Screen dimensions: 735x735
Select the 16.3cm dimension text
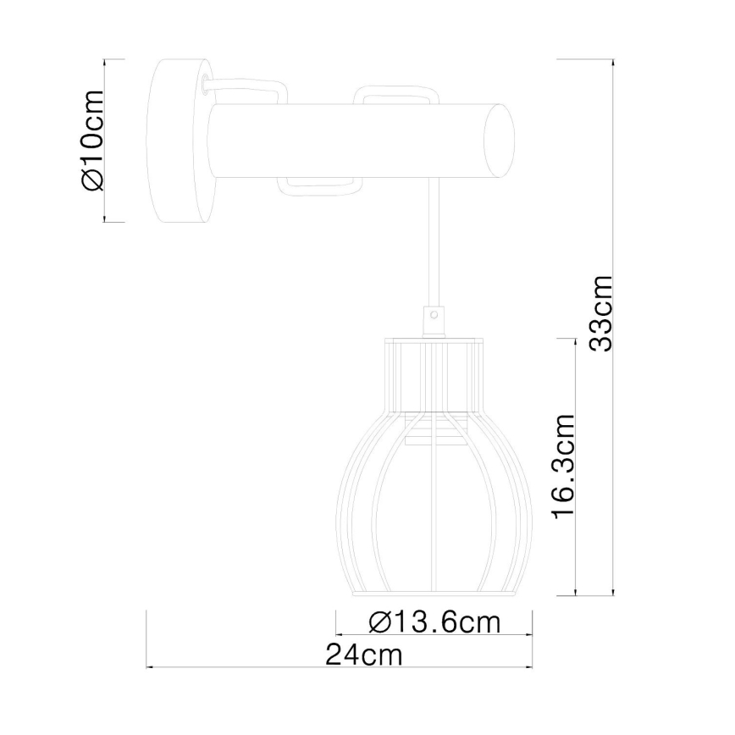[563, 467]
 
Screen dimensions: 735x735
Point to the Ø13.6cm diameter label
[435, 622]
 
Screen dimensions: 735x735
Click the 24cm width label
[364, 655]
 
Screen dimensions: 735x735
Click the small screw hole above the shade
[435, 314]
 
